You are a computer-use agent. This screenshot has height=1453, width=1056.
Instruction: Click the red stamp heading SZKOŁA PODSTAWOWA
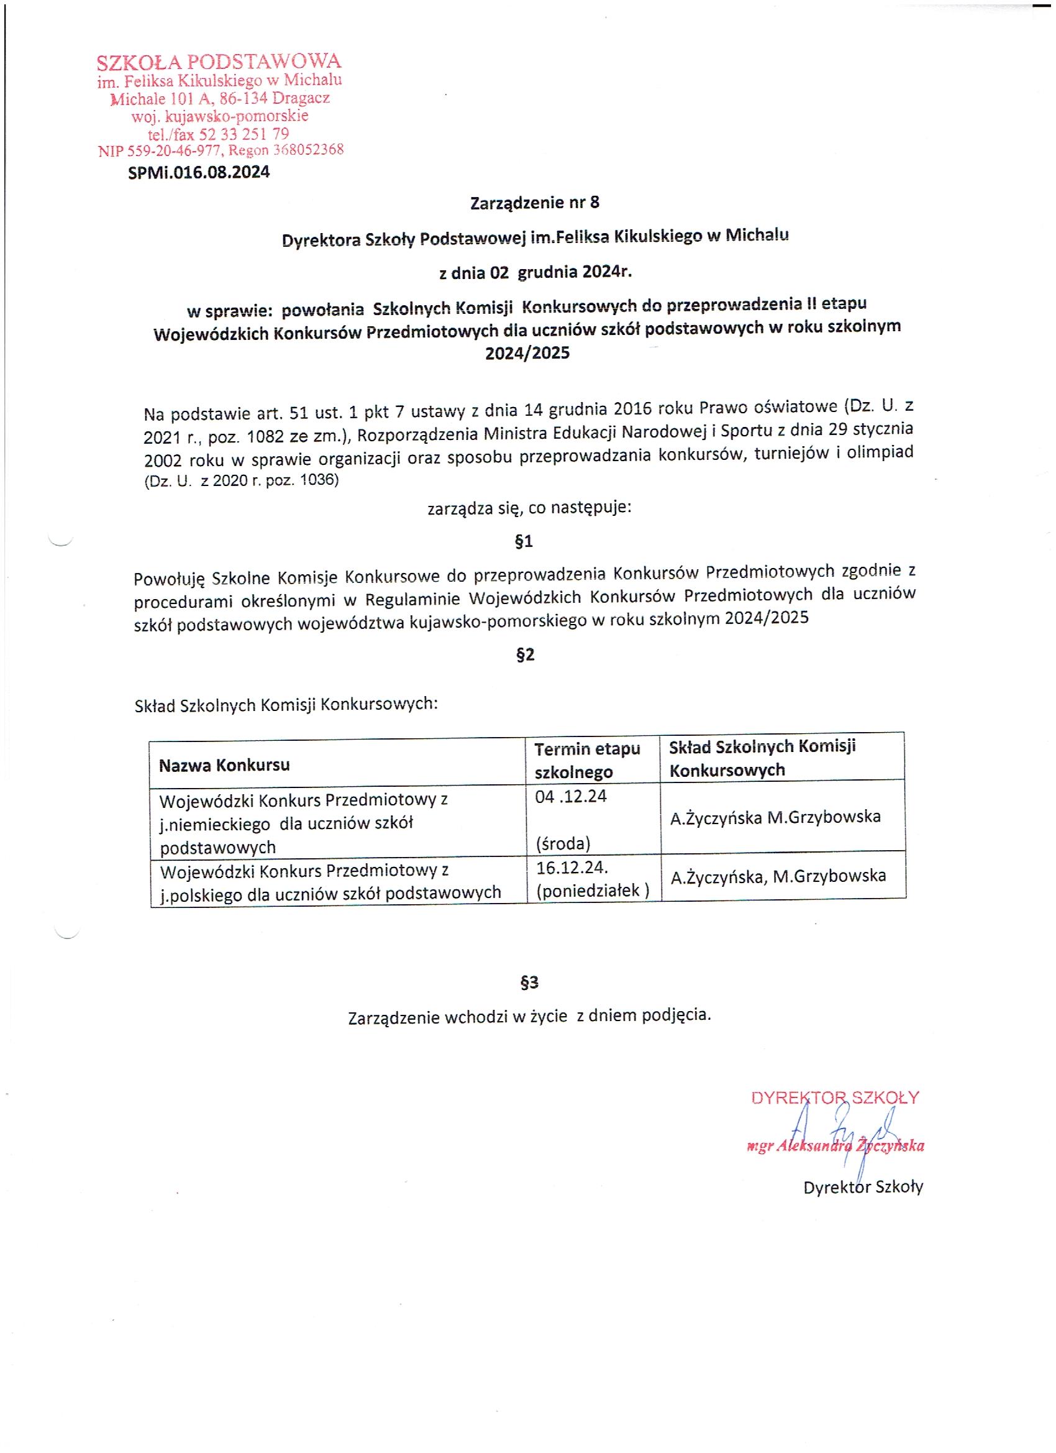(219, 62)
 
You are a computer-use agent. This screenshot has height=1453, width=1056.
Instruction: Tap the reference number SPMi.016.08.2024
(199, 172)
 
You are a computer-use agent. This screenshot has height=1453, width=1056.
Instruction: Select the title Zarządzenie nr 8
(535, 203)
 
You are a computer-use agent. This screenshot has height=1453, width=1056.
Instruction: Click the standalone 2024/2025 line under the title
(527, 353)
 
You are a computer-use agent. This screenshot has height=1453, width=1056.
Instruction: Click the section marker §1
(524, 542)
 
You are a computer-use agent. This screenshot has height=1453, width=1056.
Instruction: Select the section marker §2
(525, 655)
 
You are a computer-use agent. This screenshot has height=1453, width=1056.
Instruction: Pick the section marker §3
(529, 983)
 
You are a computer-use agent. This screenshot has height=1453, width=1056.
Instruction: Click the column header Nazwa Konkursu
(224, 765)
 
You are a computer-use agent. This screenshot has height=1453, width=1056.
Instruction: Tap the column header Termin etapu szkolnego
(586, 761)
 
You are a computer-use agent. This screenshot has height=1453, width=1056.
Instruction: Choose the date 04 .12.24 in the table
(571, 796)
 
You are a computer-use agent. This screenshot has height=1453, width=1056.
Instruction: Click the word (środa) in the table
(563, 844)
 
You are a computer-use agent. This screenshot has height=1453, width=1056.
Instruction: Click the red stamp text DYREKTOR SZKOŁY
(835, 1098)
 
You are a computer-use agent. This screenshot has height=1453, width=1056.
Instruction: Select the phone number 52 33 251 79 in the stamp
(245, 134)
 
